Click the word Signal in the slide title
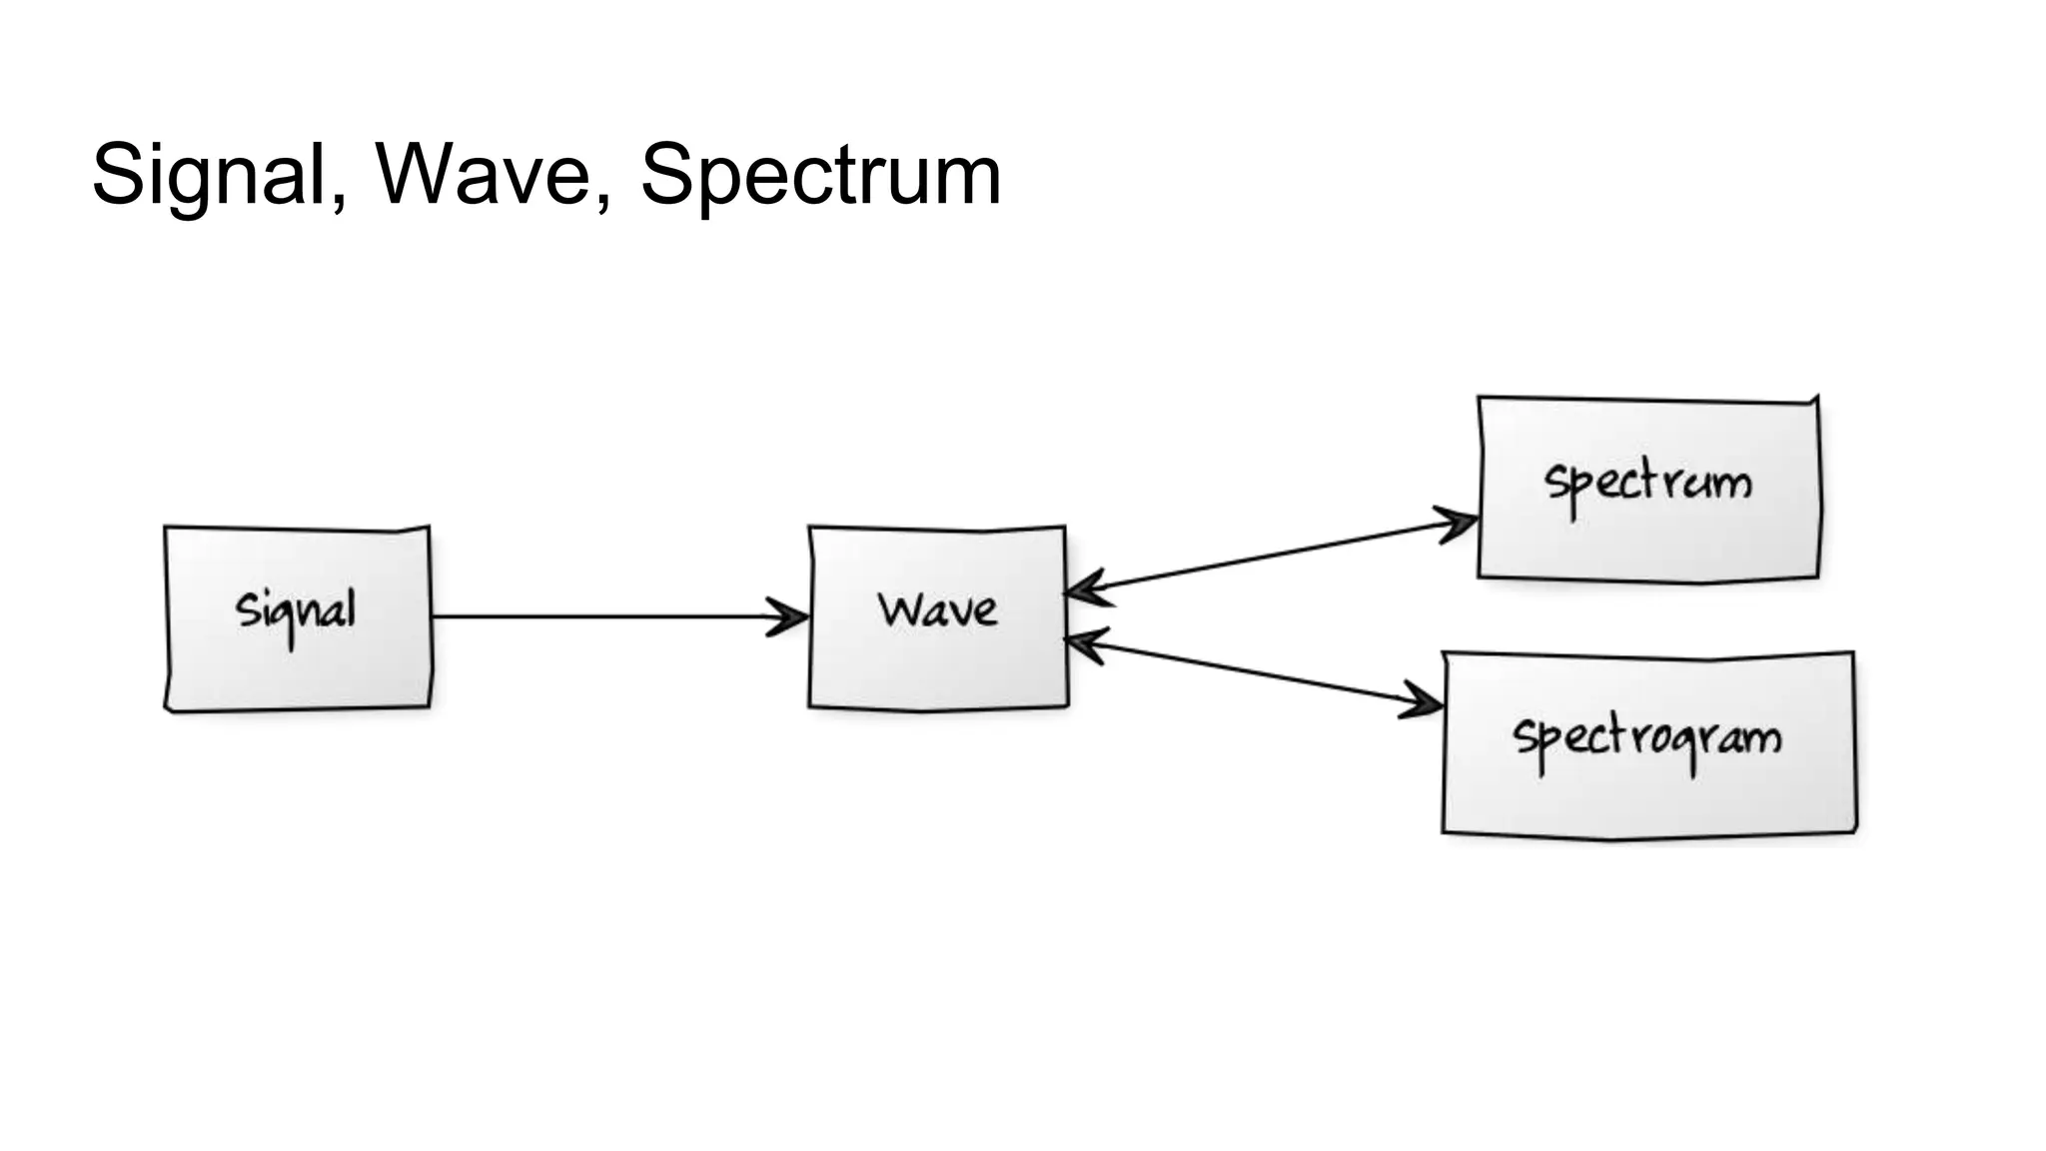coord(209,175)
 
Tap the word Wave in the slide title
coord(484,175)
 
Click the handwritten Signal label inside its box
coord(296,610)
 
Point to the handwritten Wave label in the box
coord(937,609)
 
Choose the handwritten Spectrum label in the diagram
coord(1647,484)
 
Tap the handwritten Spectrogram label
coord(1647,738)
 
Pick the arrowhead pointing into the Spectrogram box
coord(1425,702)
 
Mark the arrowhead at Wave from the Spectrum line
coord(1084,589)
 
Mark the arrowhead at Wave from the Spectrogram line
coord(1084,643)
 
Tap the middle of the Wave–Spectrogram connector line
coord(1254,673)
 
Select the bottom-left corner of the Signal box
coord(168,708)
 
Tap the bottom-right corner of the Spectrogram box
coord(1855,830)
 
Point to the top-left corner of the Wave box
coord(810,529)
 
